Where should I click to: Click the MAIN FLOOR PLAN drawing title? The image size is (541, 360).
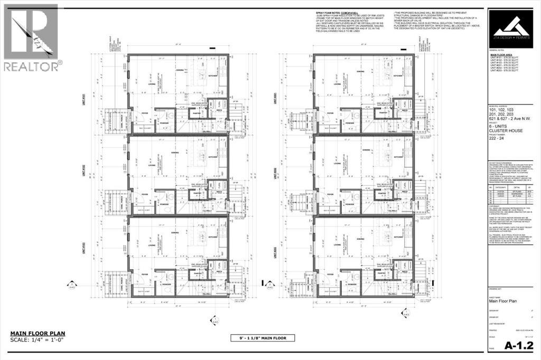[x=37, y=333]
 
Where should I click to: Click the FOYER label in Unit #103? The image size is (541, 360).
[x=146, y=274]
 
